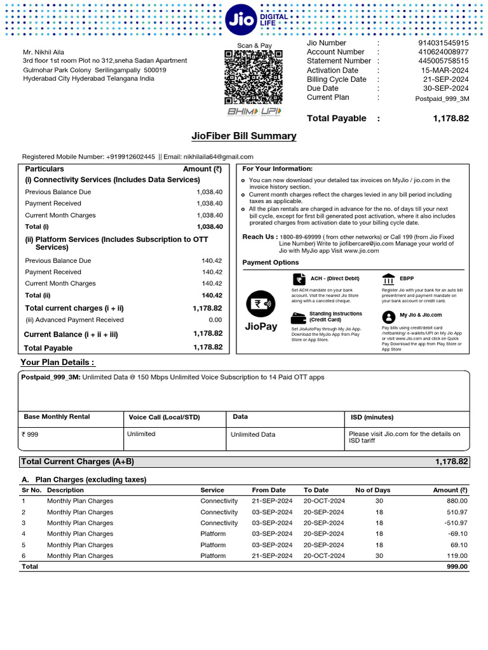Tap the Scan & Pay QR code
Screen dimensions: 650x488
pos(254,77)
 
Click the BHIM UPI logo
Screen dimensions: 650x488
pos(254,112)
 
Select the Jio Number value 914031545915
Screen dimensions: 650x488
pos(443,43)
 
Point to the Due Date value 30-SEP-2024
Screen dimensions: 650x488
pos(445,88)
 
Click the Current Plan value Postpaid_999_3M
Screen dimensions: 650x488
pos(442,98)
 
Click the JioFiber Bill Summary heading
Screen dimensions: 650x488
pos(244,136)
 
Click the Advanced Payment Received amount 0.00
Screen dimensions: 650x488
pos(215,320)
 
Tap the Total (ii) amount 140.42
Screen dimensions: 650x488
pos(212,295)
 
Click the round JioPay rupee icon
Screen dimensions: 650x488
pos(260,303)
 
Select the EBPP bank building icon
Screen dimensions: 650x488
pos(388,279)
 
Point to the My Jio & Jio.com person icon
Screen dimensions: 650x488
pos(388,316)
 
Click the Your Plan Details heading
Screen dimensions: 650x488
pos(58,362)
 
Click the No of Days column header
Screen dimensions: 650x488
pos(372,490)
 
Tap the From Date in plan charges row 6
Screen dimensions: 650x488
pos(272,555)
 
